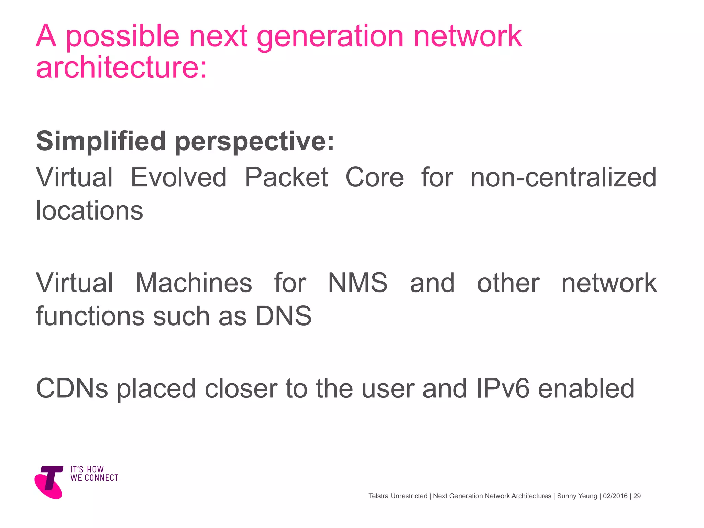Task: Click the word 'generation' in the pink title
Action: point(330,37)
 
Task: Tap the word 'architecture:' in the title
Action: point(121,67)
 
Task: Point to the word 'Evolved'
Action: point(178,177)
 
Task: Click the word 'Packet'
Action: point(286,177)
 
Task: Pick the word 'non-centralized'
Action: point(563,177)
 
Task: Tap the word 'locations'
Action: point(89,210)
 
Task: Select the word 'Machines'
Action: point(194,283)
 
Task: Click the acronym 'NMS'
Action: point(357,283)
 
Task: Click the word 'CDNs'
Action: point(72,388)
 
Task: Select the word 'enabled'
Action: point(586,388)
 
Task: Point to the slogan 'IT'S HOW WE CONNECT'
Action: point(94,474)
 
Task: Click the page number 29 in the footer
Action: point(637,496)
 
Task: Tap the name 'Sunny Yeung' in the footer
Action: point(577,496)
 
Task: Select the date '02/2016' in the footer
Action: point(615,496)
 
